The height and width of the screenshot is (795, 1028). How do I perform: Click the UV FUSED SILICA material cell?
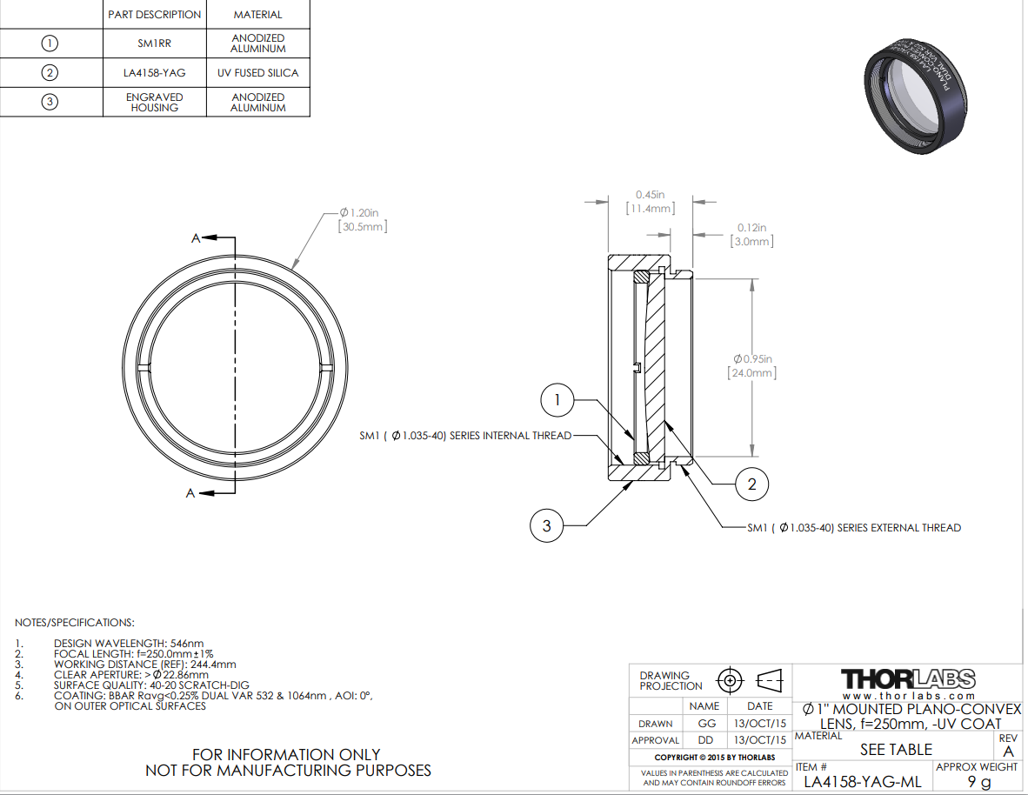click(257, 73)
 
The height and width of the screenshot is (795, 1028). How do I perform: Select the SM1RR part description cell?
click(154, 43)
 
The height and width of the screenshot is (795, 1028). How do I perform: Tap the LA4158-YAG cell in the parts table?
click(154, 73)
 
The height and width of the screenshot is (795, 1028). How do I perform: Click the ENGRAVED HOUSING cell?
click(154, 102)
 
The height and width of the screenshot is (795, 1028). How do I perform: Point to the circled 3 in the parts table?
click(50, 102)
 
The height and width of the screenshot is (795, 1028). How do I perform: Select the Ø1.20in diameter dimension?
click(362, 218)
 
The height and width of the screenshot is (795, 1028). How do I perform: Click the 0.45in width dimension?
click(650, 202)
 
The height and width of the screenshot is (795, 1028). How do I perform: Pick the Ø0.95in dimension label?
click(752, 365)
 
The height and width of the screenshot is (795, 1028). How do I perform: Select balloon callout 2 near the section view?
click(752, 484)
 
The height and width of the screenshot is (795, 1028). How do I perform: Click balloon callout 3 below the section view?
click(546, 525)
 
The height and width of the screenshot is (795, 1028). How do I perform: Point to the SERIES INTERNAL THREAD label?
click(465, 436)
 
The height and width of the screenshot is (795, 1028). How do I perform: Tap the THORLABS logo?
click(908, 678)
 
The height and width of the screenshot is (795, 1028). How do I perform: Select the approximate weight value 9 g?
click(978, 782)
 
